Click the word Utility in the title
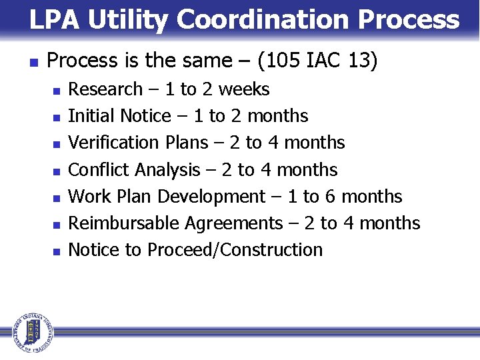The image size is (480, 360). pyautogui.click(x=129, y=20)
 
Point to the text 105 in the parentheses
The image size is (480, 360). pyautogui.click(x=282, y=62)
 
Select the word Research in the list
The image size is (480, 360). pyautogui.click(x=105, y=89)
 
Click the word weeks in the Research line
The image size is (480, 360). pyautogui.click(x=243, y=89)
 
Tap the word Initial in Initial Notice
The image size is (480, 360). pyautogui.click(x=91, y=116)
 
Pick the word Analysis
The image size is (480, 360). pyautogui.click(x=167, y=169)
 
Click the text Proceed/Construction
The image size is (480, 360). pyautogui.click(x=235, y=250)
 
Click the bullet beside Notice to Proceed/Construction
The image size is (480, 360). pyautogui.click(x=57, y=251)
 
